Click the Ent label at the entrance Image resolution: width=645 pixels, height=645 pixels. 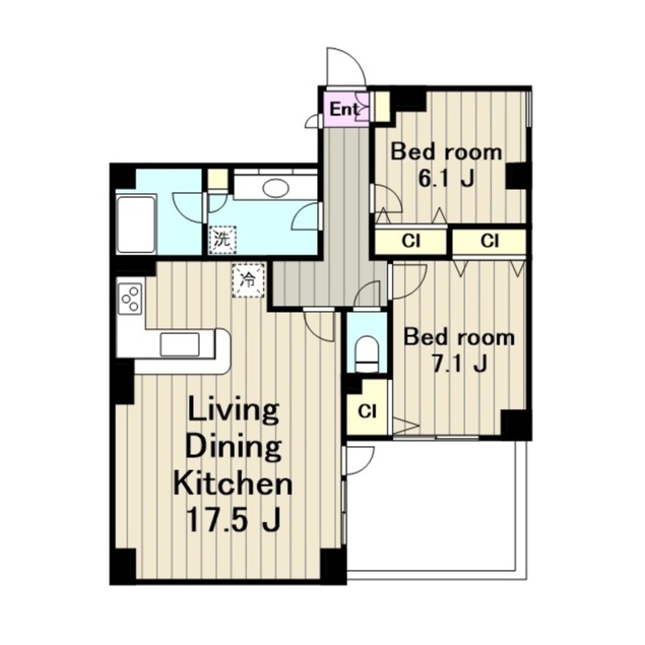click(344, 110)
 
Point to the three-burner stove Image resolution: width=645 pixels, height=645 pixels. click(131, 299)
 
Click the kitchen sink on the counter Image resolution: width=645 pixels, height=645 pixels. click(180, 344)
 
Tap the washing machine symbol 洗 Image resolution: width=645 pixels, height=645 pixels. click(223, 239)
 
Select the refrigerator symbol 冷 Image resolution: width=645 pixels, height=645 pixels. click(248, 281)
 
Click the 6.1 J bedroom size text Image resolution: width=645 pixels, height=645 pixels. click(446, 178)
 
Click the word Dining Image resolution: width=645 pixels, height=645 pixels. click(233, 448)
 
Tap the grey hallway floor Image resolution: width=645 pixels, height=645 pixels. click(344, 214)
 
